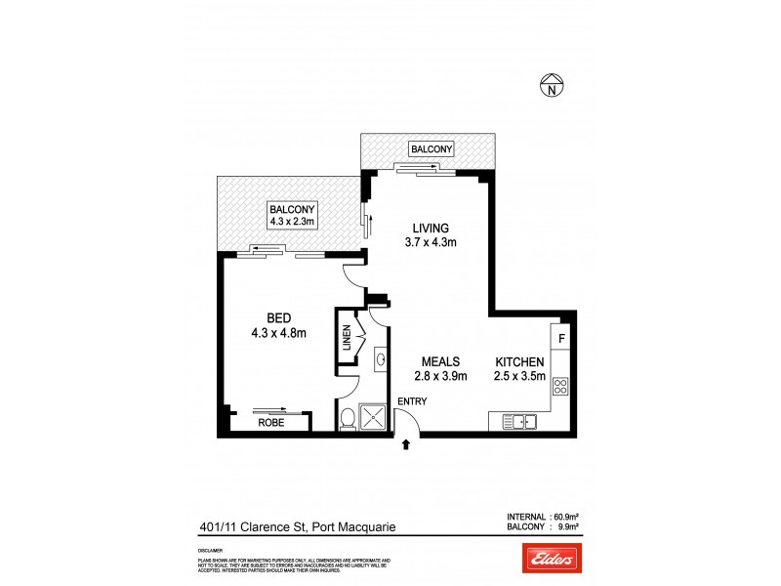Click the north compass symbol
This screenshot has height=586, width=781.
[x=553, y=88]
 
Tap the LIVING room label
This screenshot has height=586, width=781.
[x=431, y=231]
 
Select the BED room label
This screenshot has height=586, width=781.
[x=279, y=317]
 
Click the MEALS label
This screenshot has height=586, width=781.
[x=441, y=361]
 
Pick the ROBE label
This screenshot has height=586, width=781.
[x=271, y=424]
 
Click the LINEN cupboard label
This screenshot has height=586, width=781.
[x=346, y=338]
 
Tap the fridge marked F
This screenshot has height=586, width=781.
[x=561, y=340]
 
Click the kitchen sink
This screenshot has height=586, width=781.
[x=520, y=422]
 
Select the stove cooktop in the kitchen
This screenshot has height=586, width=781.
[x=561, y=386]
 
